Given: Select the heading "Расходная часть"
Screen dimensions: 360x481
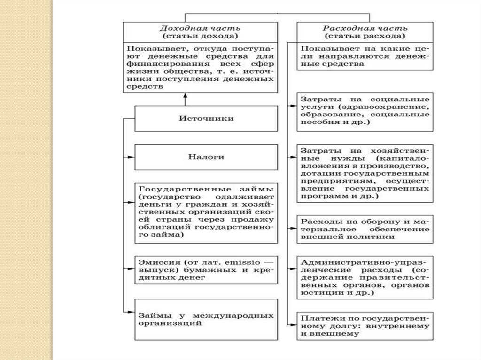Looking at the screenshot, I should pos(365,28).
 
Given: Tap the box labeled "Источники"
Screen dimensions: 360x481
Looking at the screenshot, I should pos(205,118).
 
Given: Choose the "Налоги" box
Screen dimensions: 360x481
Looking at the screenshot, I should pos(205,157).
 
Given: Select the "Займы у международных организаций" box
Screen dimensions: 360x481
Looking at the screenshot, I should pos(205,319).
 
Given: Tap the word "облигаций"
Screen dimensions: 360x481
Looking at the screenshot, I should pos(165,228).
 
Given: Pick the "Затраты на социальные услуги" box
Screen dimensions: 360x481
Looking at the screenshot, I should pos(365,112).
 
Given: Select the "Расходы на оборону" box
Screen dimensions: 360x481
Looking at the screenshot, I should pos(365,230).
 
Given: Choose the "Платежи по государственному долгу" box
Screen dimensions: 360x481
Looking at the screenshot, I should pos(365,326).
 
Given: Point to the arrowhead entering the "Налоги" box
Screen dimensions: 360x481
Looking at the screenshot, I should pos(132,157).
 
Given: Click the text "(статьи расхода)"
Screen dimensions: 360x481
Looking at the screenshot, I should pos(365,36).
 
